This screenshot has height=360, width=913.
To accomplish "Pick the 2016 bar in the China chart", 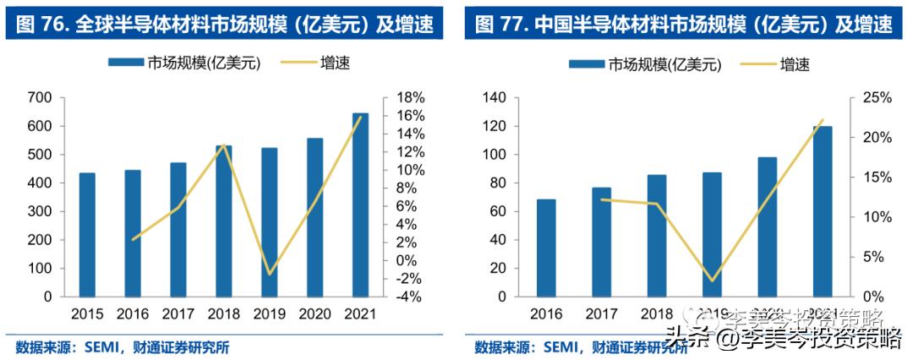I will [546, 248].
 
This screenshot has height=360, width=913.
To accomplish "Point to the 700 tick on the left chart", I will [41, 98].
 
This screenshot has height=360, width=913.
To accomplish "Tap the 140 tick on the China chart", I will [493, 98].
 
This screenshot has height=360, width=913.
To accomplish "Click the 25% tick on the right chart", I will [874, 98].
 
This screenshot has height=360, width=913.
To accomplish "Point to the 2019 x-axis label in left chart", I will [270, 314].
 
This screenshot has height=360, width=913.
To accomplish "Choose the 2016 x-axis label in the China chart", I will [546, 314].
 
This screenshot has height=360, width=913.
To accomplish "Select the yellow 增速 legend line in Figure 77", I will [758, 64].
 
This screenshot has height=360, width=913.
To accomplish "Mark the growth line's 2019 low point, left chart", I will [270, 274].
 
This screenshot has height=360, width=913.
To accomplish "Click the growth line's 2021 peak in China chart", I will [822, 120].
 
